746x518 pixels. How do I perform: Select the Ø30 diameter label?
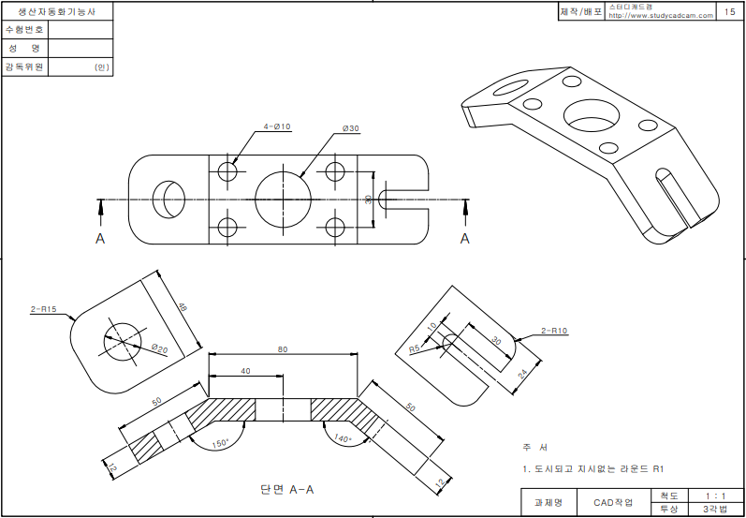(x=351, y=128)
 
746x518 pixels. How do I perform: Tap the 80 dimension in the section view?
(x=283, y=349)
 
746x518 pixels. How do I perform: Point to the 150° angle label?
(x=220, y=444)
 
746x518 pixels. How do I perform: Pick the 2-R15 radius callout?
(x=44, y=309)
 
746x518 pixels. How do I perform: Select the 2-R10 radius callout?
(x=554, y=331)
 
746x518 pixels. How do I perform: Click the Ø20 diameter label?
(x=159, y=348)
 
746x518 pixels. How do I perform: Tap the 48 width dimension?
(x=183, y=308)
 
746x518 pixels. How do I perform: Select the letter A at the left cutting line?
(x=100, y=239)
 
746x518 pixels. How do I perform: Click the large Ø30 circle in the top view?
(x=283, y=199)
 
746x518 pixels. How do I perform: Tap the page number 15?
(x=729, y=12)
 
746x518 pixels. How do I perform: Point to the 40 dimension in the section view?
(x=245, y=371)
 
